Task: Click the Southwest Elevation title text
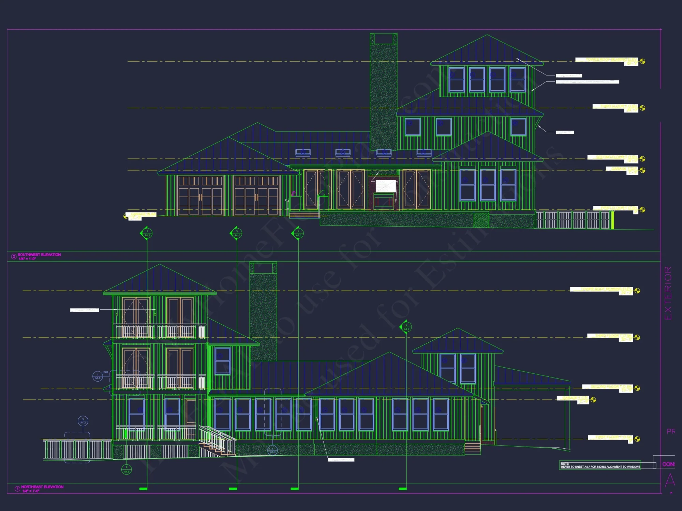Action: (39, 255)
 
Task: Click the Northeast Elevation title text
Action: (42, 487)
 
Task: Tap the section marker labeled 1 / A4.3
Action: (147, 234)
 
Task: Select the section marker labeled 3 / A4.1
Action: (237, 234)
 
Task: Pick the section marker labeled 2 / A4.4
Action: (406, 327)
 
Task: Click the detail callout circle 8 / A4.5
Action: (127, 469)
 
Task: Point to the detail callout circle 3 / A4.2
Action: (83, 421)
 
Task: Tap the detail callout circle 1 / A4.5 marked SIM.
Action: (98, 376)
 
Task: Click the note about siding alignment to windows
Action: (600, 465)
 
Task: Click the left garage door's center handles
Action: (200, 198)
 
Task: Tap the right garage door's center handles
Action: (256, 198)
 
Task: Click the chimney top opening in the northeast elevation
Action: (263, 268)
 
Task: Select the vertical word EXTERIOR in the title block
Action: (668, 293)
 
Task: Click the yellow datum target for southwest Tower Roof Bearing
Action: (642, 61)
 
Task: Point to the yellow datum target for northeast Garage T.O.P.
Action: (593, 400)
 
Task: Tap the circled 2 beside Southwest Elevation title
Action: (14, 257)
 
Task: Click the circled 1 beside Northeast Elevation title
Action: (17, 489)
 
